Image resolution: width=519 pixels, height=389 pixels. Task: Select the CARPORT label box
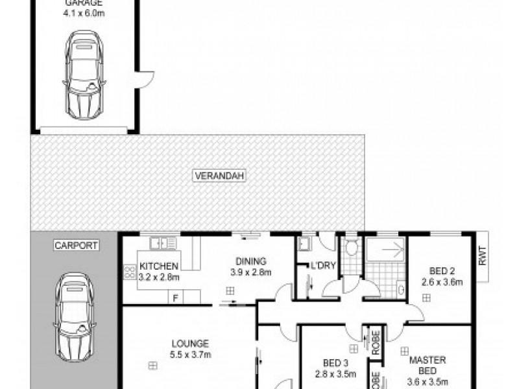click(x=75, y=246)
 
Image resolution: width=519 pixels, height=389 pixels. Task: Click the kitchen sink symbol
click(x=160, y=244)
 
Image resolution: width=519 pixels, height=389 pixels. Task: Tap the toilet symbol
click(x=352, y=246)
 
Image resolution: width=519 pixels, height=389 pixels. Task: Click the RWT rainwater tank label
click(x=482, y=257)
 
